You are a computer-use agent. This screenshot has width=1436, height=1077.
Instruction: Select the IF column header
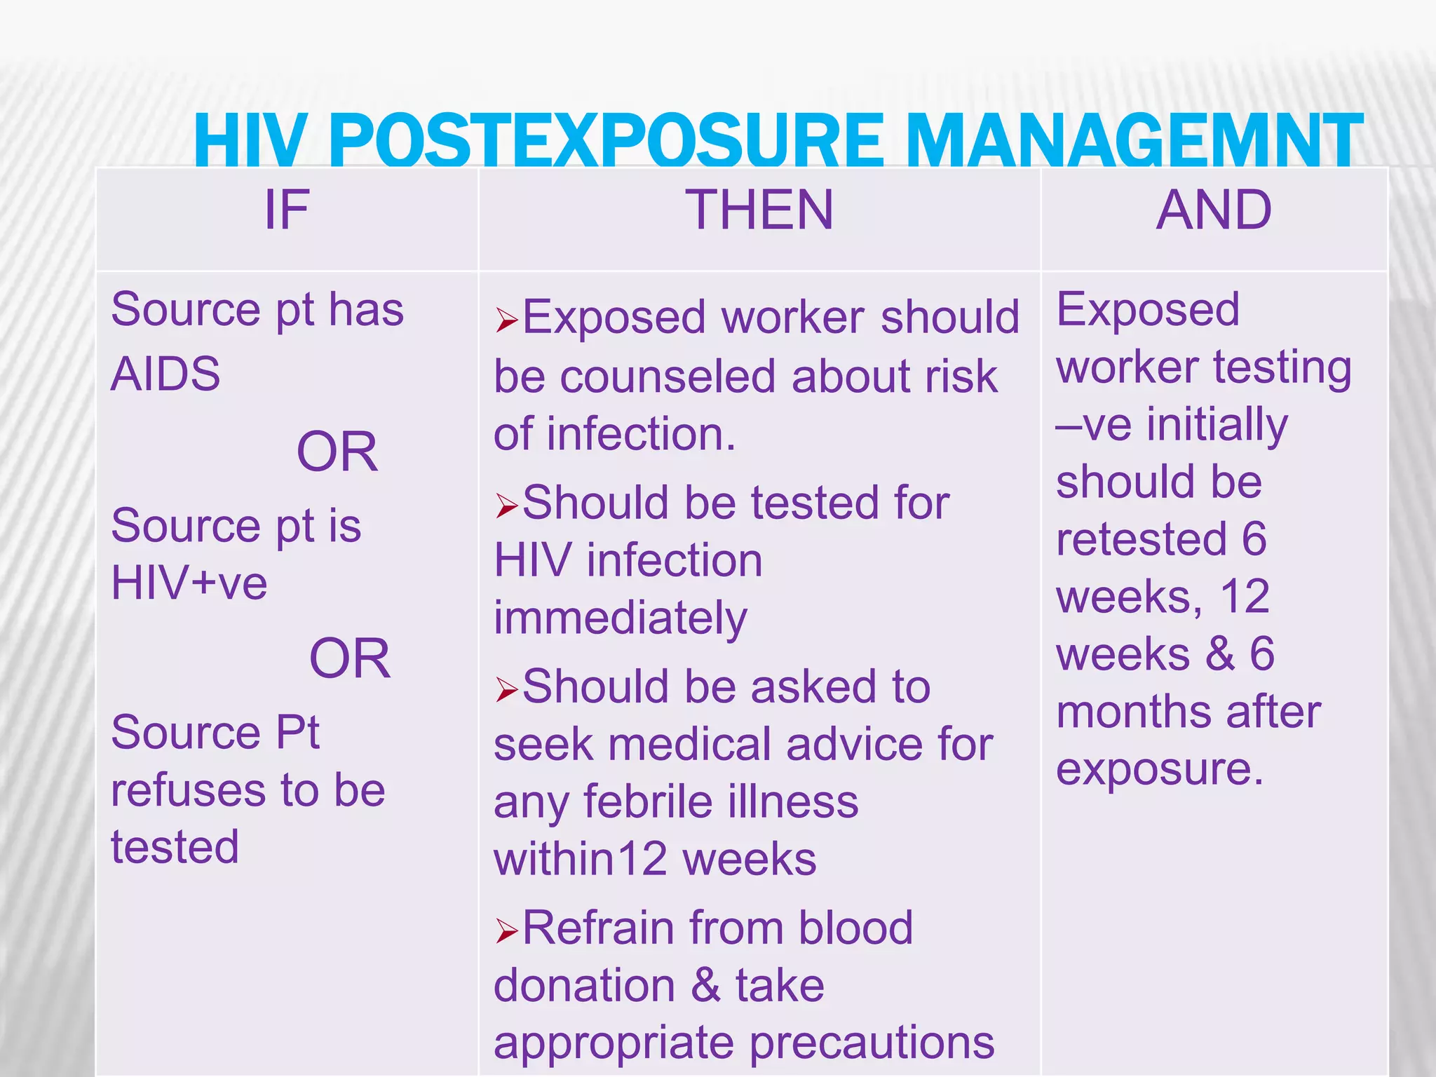(x=286, y=210)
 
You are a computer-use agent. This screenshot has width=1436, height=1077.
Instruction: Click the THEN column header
(x=759, y=210)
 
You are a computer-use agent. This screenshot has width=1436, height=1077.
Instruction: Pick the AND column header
(x=1214, y=210)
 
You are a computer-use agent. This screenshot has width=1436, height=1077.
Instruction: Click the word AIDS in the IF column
(x=165, y=373)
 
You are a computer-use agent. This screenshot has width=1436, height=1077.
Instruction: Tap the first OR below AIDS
(x=337, y=452)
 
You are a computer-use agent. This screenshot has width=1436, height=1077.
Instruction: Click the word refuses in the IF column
(x=189, y=790)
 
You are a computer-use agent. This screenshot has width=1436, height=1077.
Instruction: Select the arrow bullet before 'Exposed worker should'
(x=506, y=320)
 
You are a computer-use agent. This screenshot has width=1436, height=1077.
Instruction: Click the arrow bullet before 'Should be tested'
(x=506, y=506)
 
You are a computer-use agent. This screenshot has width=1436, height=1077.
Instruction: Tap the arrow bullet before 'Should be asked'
(x=506, y=689)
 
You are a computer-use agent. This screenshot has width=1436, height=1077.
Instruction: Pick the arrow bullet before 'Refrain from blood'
(x=506, y=931)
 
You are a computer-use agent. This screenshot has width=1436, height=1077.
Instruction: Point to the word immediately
(x=621, y=618)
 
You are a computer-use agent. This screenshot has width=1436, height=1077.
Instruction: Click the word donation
(x=584, y=985)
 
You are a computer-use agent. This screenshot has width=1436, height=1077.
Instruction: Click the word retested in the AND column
(x=1141, y=539)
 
